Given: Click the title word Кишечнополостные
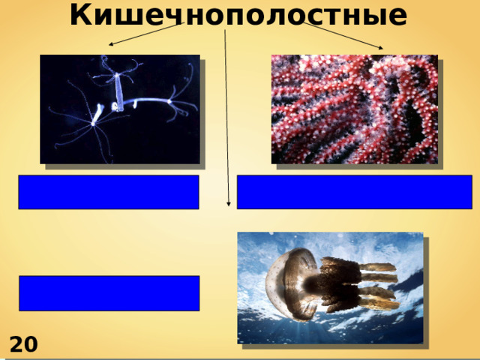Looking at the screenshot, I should click(239, 14).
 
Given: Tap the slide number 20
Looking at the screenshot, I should click(23, 346).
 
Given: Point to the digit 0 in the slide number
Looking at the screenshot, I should click(31, 346).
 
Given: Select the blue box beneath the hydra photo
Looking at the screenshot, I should click(109, 192).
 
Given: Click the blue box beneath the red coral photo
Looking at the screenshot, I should click(354, 192).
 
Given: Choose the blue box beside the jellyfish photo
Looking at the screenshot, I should click(109, 293).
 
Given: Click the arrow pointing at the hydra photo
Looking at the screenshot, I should click(146, 34).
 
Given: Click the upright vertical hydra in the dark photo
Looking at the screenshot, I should click(119, 90).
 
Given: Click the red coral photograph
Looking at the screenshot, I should click(354, 108).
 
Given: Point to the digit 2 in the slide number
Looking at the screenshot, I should click(16, 346).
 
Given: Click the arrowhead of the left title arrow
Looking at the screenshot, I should click(111, 46).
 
